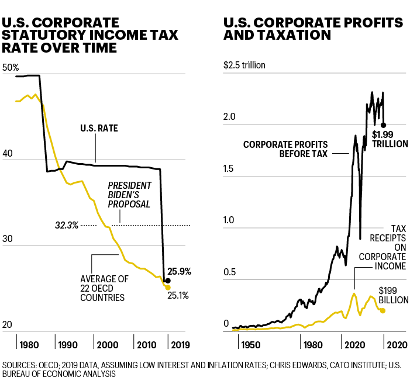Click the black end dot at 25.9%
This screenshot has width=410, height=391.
coord(168,281)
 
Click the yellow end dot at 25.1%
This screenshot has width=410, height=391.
coord(168,288)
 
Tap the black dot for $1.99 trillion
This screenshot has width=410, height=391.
coord(384,125)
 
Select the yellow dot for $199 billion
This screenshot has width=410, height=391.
coord(383,310)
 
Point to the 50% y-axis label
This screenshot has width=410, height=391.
coord(11,68)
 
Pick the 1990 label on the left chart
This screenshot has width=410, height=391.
coord(68,344)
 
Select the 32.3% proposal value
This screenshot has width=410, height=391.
coord(67,225)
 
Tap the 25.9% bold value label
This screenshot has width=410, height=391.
coord(180,272)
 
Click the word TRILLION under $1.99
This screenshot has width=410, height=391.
coord(391,144)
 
